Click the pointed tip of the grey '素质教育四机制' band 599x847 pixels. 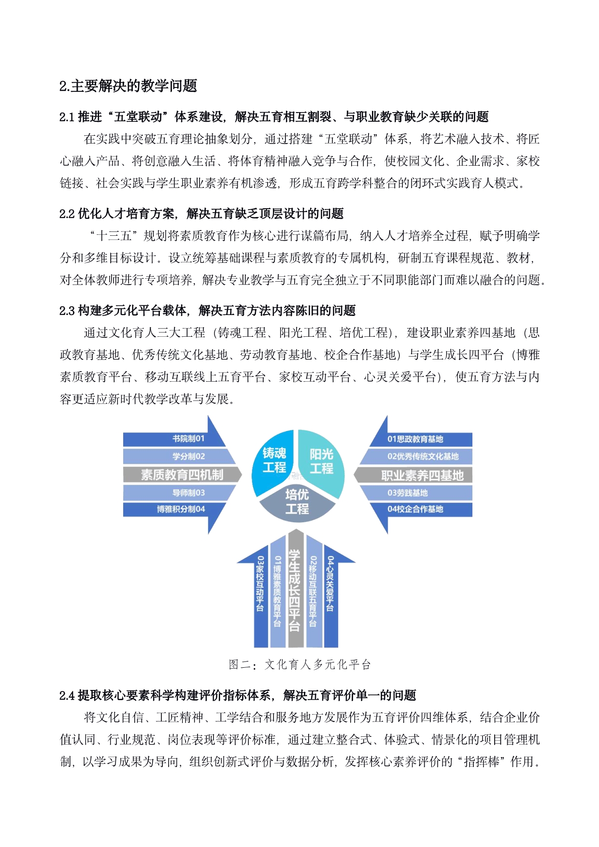click(x=242, y=474)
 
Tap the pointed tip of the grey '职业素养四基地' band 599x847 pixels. click(x=354, y=475)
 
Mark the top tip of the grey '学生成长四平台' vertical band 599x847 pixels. click(x=296, y=529)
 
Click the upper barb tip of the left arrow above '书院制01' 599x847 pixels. click(x=208, y=416)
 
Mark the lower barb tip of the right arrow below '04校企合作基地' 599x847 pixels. click(x=387, y=534)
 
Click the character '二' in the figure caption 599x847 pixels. click(x=246, y=665)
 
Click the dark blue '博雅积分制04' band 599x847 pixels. click(x=174, y=509)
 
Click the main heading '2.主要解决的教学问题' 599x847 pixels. click(x=128, y=86)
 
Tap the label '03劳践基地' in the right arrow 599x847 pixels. click(x=407, y=493)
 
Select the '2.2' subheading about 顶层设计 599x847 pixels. click(x=201, y=214)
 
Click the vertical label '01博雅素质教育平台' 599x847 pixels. click(x=277, y=591)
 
